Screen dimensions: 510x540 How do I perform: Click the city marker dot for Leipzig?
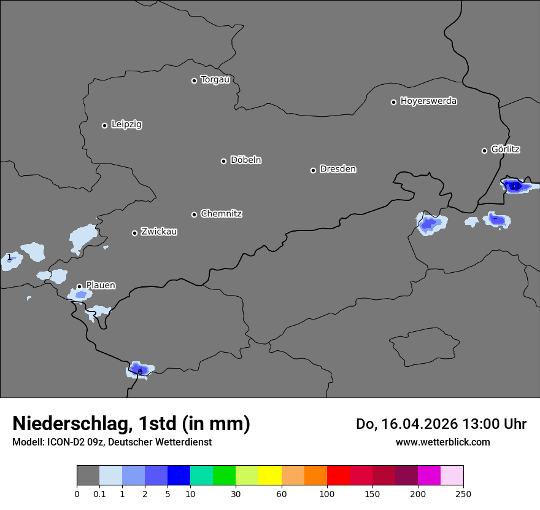click(x=104, y=125)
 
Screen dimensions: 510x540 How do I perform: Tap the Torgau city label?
click(x=215, y=80)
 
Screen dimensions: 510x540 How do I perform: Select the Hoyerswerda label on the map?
click(x=428, y=101)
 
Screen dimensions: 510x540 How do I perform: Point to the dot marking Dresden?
click(x=313, y=170)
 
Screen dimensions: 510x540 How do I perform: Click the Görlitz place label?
click(x=505, y=149)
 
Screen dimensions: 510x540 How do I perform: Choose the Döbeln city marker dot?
click(x=223, y=161)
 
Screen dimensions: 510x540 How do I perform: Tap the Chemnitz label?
click(x=221, y=214)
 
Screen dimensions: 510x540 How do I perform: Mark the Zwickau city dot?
click(x=134, y=233)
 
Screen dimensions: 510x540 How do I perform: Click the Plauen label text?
click(x=100, y=285)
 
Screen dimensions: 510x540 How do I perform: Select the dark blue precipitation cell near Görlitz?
click(x=514, y=186)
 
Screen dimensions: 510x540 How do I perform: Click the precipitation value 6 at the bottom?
click(x=140, y=372)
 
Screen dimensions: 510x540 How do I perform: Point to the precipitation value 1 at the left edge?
click(x=9, y=257)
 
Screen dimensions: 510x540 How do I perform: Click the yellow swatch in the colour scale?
click(x=270, y=476)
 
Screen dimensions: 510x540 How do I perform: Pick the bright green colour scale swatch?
click(x=225, y=476)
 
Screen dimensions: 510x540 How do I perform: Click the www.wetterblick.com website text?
click(x=442, y=442)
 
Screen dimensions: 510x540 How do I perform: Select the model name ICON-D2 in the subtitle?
click(x=65, y=442)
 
